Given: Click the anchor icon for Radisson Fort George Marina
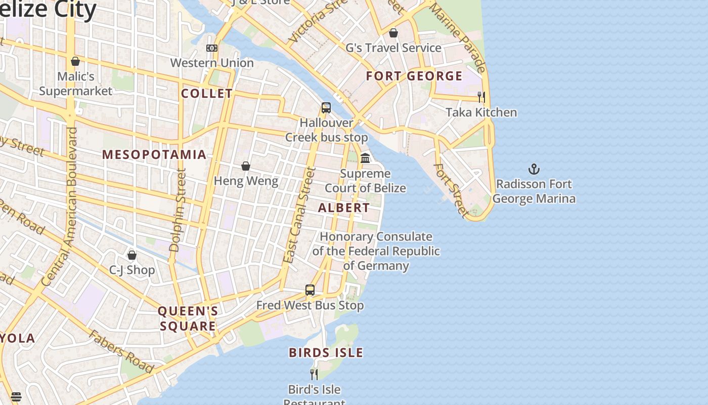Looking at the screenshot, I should click(x=534, y=169).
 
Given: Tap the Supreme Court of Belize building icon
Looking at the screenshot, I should click(x=365, y=158).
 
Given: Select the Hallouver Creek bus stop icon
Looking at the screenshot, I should click(x=326, y=108).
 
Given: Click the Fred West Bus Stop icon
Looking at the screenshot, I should click(x=310, y=290).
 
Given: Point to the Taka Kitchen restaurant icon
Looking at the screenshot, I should click(x=481, y=97).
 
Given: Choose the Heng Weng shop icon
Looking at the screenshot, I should click(x=246, y=166).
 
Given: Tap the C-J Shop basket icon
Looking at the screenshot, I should click(x=132, y=255).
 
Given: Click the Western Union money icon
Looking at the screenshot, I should click(x=212, y=48).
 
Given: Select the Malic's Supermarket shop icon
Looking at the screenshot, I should click(x=75, y=61).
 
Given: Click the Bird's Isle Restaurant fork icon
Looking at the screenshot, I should click(x=314, y=375).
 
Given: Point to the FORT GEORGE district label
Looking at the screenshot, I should click(x=414, y=76).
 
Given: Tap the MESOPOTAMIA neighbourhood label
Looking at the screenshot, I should click(x=154, y=154).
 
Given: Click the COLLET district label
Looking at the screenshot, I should click(x=207, y=94).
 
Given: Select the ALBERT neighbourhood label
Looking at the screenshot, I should click(x=344, y=208).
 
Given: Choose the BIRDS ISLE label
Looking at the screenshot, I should click(x=326, y=352).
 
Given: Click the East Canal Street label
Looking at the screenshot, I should click(x=299, y=215).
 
